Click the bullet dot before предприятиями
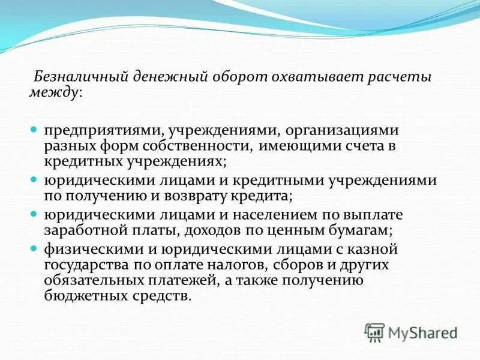[x=34, y=130]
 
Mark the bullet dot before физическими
[x=34, y=247]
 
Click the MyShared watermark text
[x=423, y=332]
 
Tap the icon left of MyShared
[x=374, y=331]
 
